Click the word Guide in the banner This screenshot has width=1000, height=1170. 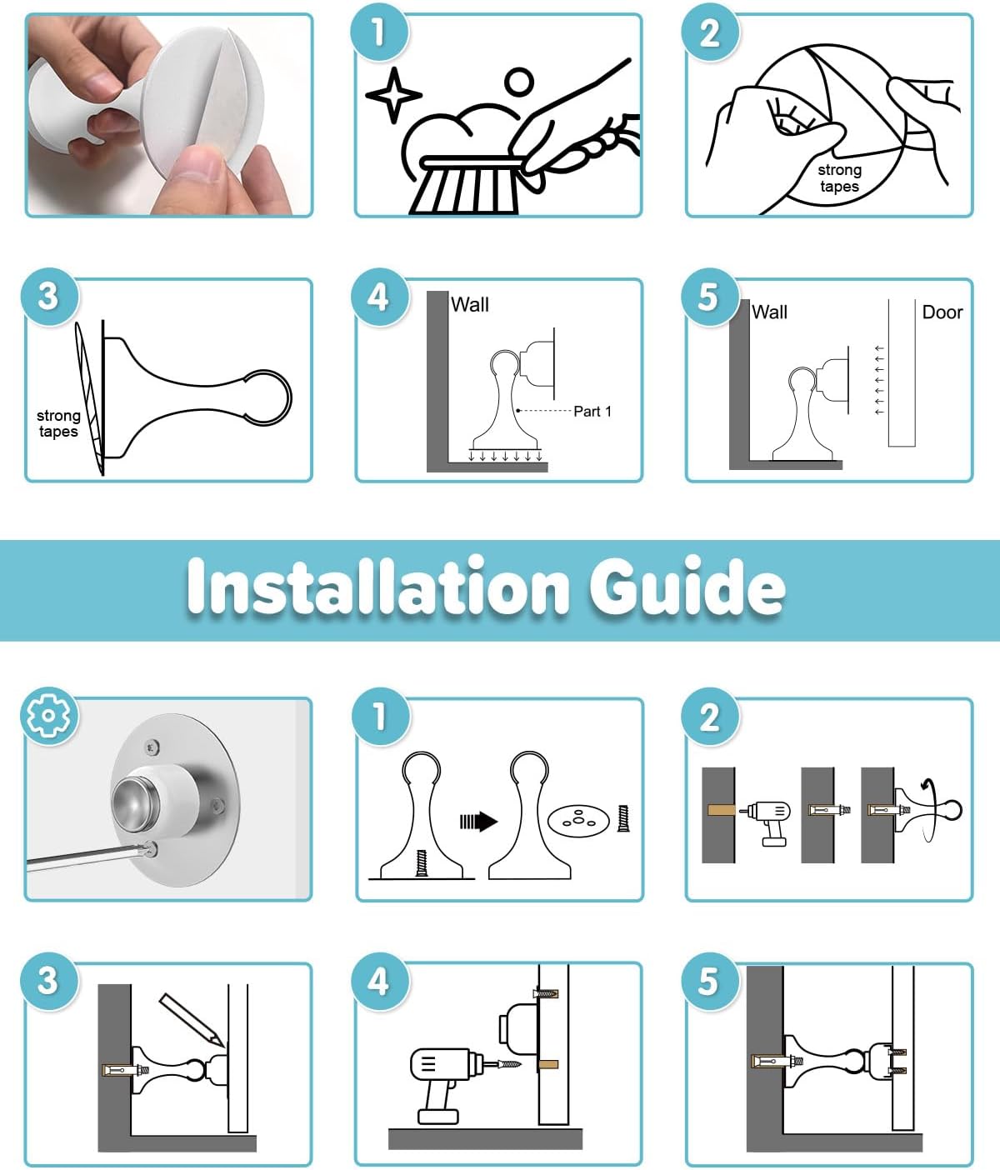point(687,586)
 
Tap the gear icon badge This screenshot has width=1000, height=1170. point(48,715)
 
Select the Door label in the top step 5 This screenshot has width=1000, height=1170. point(942,312)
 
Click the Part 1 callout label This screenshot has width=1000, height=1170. point(592,412)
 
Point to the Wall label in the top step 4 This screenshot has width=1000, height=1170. point(469,305)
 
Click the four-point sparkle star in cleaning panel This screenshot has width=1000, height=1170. point(393,95)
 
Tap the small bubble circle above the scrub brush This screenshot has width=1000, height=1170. point(518,82)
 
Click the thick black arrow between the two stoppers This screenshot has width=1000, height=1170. point(478,821)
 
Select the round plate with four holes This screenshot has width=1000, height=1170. point(577,821)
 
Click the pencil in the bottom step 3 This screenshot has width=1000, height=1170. point(192,1019)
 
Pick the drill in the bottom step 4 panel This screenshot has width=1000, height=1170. point(447,1084)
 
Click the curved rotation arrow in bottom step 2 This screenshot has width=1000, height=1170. point(930,811)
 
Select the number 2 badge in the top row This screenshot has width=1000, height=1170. point(710,33)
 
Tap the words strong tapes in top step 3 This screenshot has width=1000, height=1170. point(58,423)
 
